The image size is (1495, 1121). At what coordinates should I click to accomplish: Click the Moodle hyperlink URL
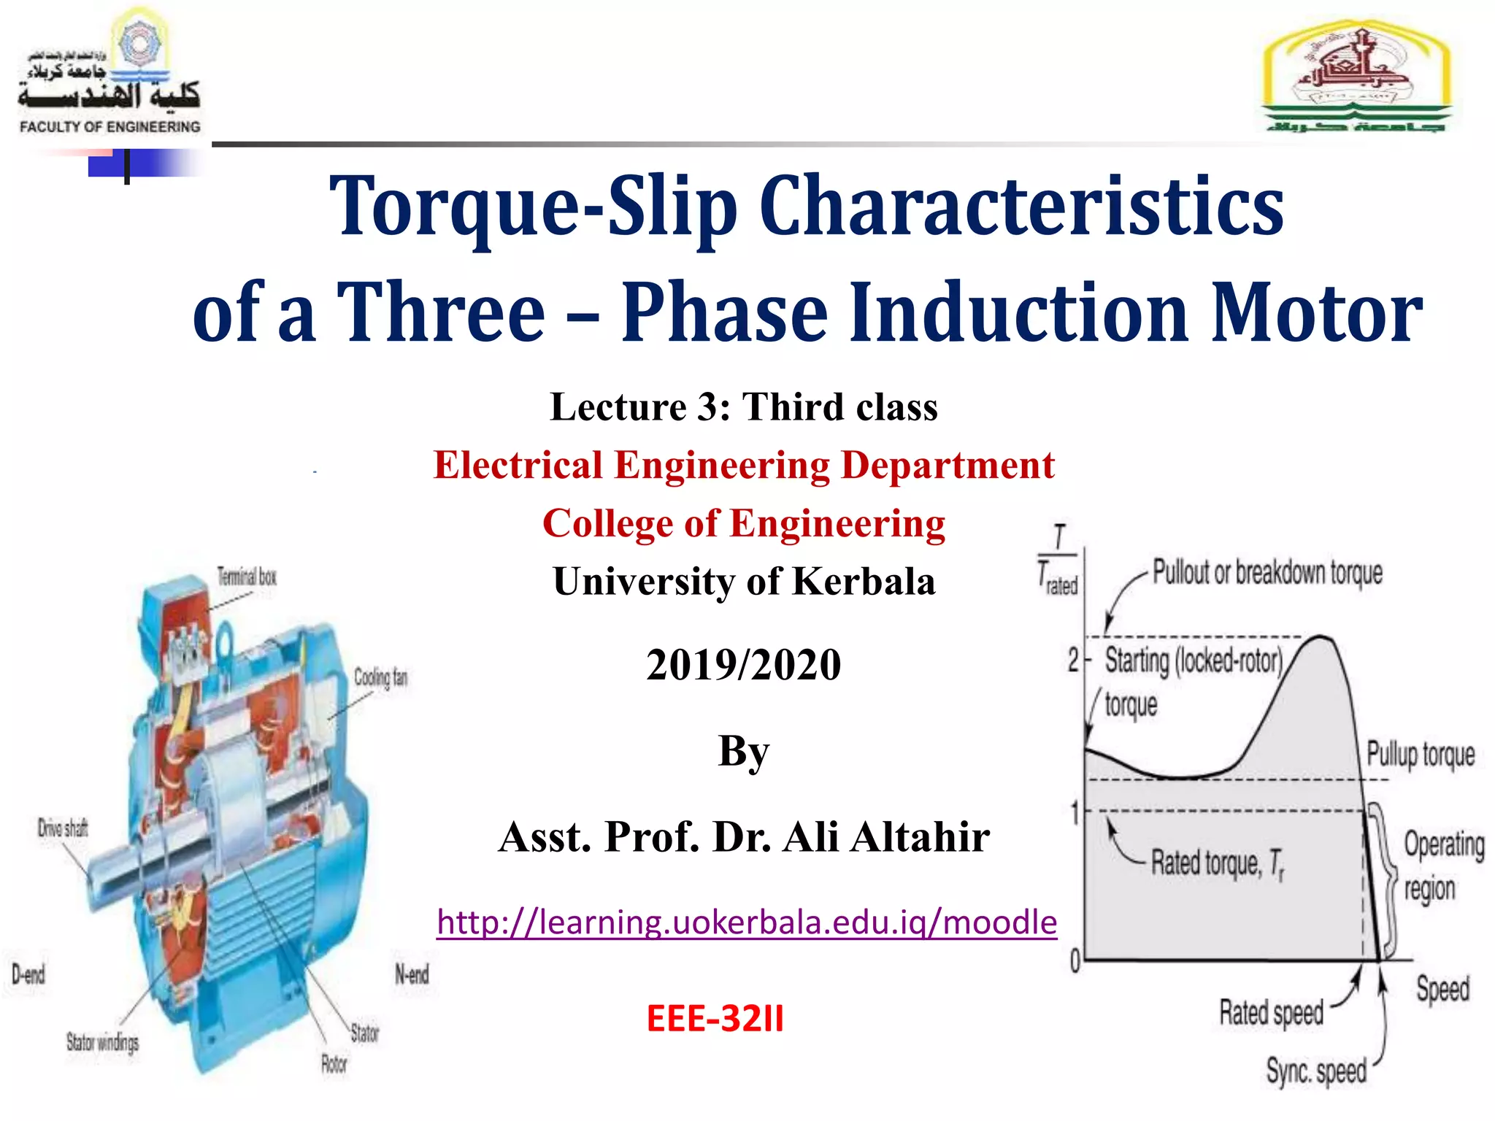tap(746, 922)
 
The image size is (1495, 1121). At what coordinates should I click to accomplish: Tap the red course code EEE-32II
tap(715, 1018)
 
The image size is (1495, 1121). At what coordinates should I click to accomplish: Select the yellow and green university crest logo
tap(1356, 77)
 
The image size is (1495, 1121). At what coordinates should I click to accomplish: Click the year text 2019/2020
tap(743, 665)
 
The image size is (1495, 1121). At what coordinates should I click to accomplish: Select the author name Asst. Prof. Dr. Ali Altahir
tap(744, 836)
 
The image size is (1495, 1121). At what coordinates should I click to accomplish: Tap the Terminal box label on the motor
tap(247, 577)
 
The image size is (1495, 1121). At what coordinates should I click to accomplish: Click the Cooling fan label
tap(380, 677)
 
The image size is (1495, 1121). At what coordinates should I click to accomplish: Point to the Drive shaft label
tap(63, 828)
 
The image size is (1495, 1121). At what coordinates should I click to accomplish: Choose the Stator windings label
tap(102, 1042)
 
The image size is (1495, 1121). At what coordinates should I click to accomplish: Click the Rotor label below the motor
tap(334, 1064)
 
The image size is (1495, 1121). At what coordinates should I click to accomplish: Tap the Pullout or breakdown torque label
tap(1267, 573)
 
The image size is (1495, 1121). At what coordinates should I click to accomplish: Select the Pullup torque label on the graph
tap(1421, 754)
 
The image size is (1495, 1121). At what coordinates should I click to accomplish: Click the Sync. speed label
tap(1316, 1071)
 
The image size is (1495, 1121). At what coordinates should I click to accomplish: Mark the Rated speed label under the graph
tap(1271, 1012)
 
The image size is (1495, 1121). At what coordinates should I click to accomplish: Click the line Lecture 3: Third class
tap(743, 407)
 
